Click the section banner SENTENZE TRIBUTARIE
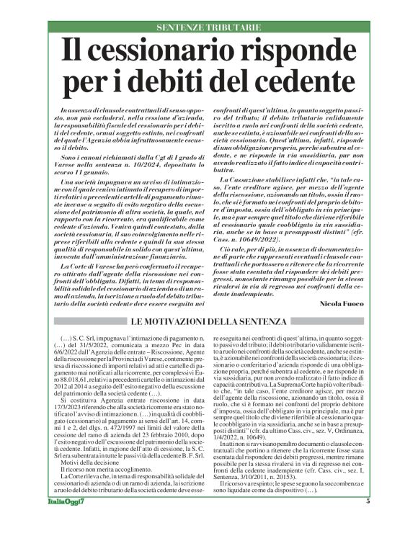tap(208, 27)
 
